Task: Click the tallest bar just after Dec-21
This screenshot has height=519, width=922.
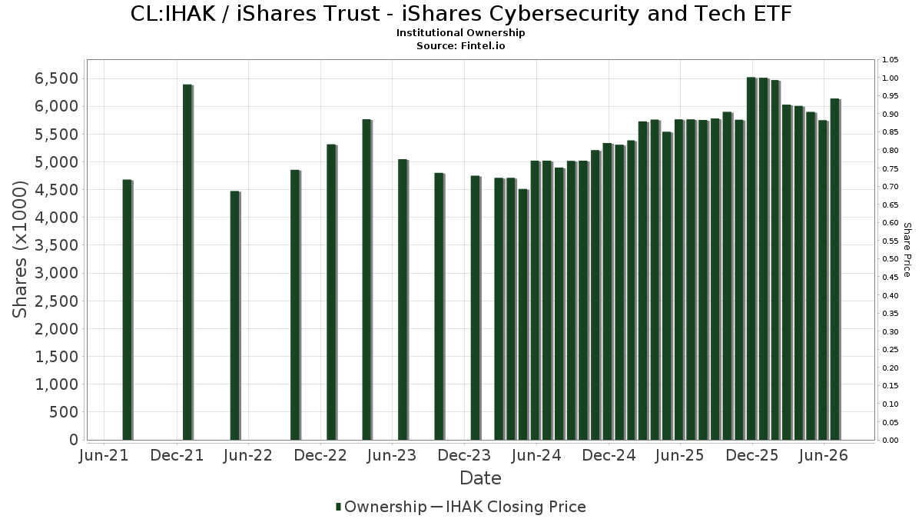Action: pyautogui.click(x=187, y=262)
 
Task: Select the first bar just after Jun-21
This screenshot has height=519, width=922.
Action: pyautogui.click(x=128, y=310)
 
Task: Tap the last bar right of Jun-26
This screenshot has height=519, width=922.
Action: pyautogui.click(x=835, y=269)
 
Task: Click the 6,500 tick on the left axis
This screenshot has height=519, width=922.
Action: pyautogui.click(x=56, y=78)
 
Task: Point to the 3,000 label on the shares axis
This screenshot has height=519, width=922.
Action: pyautogui.click(x=56, y=273)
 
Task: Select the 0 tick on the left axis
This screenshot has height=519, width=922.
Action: pyautogui.click(x=74, y=440)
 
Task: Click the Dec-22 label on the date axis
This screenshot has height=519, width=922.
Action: pyautogui.click(x=320, y=455)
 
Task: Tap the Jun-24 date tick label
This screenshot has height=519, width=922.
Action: pyautogui.click(x=536, y=455)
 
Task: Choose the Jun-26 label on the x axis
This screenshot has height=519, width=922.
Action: pyautogui.click(x=823, y=455)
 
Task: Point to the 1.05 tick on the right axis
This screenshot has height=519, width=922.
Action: pyautogui.click(x=890, y=60)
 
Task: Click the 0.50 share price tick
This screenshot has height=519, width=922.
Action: pyautogui.click(x=890, y=259)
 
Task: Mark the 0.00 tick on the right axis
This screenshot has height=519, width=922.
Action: pyautogui.click(x=890, y=441)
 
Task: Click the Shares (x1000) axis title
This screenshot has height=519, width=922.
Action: pyautogui.click(x=19, y=250)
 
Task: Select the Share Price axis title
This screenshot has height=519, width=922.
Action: pyautogui.click(x=907, y=250)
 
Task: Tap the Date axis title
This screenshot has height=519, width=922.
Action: pyautogui.click(x=480, y=478)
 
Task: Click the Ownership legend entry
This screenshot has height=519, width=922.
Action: pyautogui.click(x=381, y=507)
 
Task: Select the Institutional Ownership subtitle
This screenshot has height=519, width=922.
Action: pyautogui.click(x=460, y=33)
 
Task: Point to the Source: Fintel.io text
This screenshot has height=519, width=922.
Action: pyautogui.click(x=460, y=45)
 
